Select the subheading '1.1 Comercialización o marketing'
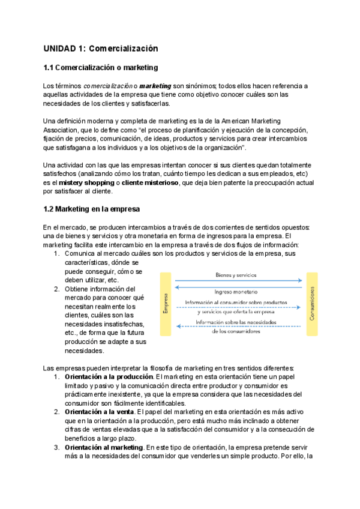pos(100,68)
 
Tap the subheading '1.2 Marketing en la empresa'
pos(91,209)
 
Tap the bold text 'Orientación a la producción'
pos(108,376)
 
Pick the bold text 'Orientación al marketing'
pos(104,447)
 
